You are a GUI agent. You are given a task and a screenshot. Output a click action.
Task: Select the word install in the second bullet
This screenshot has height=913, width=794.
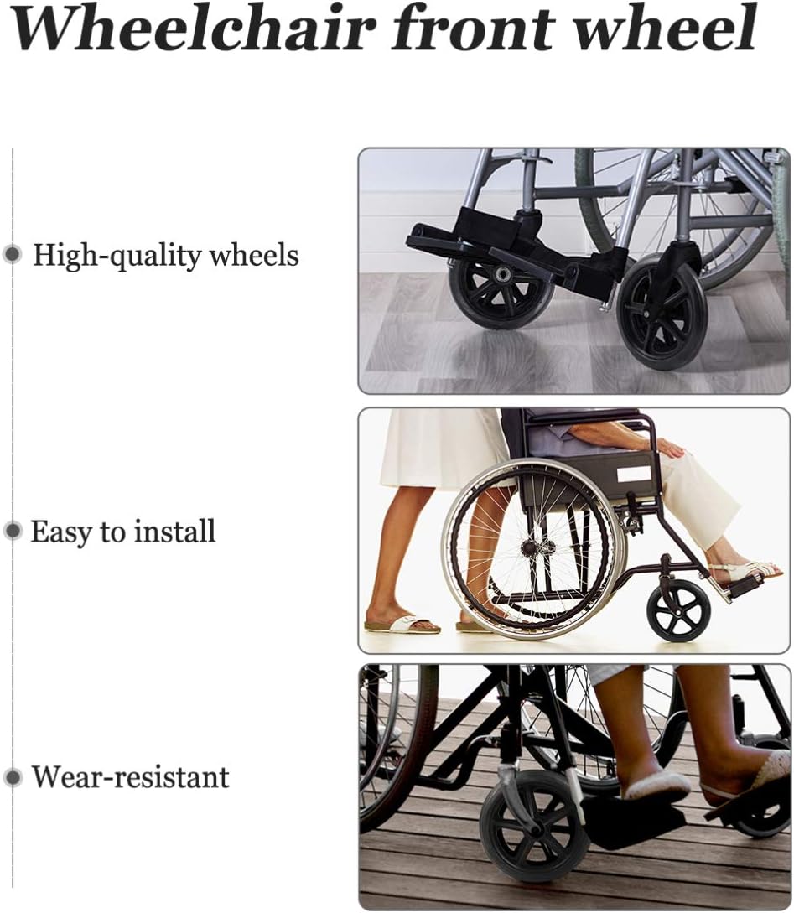[175, 531]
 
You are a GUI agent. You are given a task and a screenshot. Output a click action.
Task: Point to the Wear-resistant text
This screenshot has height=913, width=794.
[131, 776]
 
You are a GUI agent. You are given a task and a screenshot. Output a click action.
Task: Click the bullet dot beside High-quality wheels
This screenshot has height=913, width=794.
[13, 255]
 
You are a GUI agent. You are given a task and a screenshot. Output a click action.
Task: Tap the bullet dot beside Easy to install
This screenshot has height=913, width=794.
[13, 531]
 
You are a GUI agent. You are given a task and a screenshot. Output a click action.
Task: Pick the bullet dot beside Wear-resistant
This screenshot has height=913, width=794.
[13, 777]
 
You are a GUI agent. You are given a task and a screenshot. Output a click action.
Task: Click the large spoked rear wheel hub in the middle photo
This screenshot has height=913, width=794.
[530, 547]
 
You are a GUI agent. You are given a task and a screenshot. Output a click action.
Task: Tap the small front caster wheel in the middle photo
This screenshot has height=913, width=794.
[679, 610]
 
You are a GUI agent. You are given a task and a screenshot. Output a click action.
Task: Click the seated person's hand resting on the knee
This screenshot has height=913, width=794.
[672, 449]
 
